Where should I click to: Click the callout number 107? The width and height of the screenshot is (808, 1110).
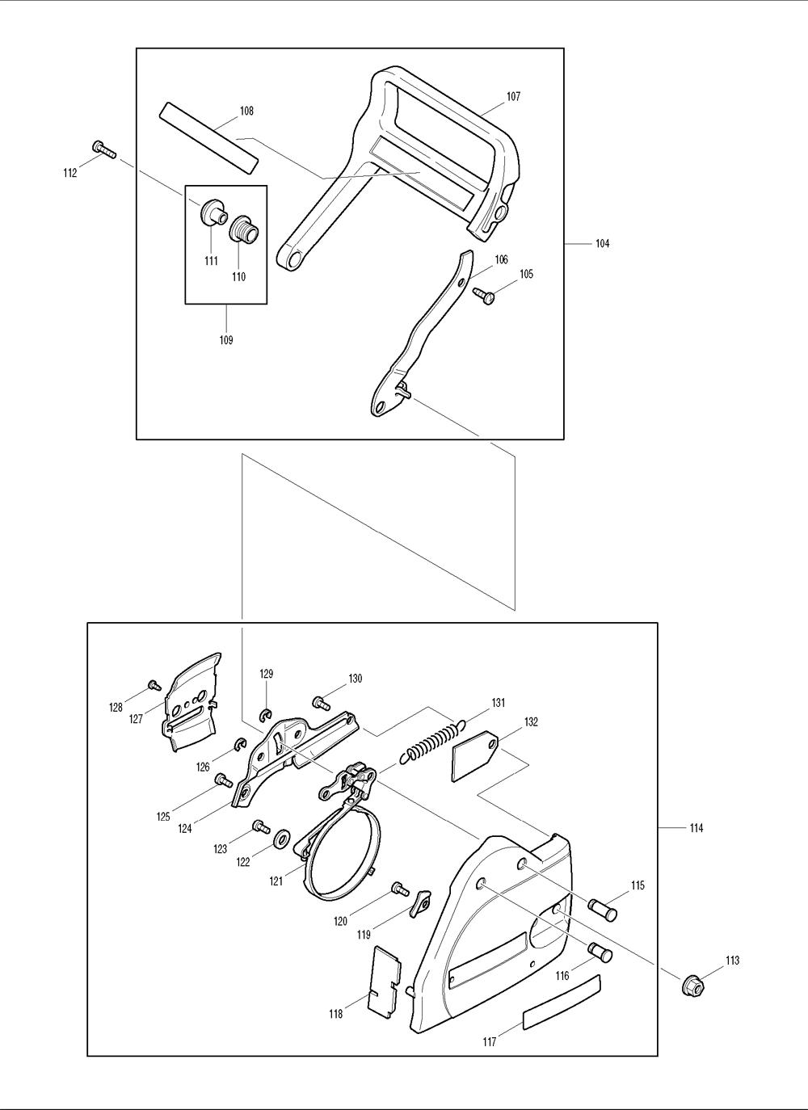(x=513, y=96)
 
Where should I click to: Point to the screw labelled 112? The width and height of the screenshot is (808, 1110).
(x=103, y=149)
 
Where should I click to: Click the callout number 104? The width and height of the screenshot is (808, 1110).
(x=602, y=243)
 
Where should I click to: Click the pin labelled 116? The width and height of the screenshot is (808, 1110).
(x=600, y=952)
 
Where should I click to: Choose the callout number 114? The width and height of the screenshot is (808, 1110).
(x=696, y=828)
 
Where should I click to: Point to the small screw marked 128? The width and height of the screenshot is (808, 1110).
(x=154, y=685)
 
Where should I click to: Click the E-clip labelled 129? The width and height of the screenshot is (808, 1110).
(x=266, y=715)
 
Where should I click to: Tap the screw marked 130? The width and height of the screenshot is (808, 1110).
(x=322, y=702)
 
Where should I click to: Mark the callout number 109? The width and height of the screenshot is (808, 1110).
(x=226, y=340)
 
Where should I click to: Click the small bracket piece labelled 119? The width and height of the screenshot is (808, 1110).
(x=420, y=904)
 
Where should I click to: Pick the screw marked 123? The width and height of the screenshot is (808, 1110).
(x=261, y=826)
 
